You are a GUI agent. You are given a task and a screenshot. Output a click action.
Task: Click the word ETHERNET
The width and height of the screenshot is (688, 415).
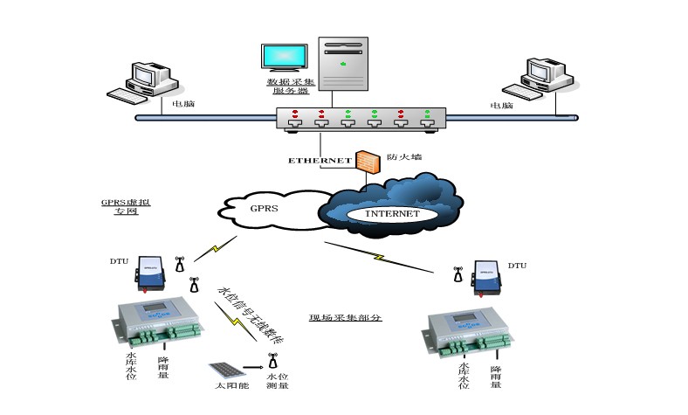tap(320, 161)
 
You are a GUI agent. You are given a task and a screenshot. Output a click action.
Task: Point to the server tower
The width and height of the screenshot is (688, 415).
tap(343, 66)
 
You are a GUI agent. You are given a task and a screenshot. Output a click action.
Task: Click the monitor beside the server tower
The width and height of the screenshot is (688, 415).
tap(285, 58)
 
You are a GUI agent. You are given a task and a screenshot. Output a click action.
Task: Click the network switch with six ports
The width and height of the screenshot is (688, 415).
tap(360, 120)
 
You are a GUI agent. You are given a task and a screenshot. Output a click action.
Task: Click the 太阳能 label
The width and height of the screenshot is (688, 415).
tap(224, 385)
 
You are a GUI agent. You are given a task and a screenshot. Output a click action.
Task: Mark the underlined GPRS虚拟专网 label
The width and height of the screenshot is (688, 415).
tap(120, 206)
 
